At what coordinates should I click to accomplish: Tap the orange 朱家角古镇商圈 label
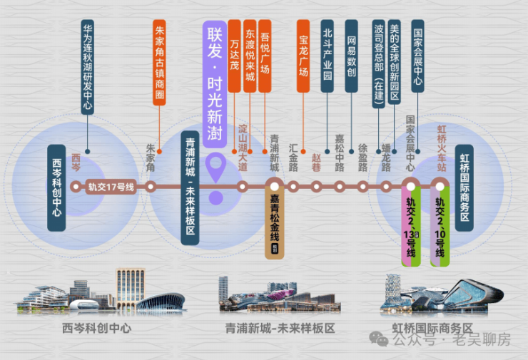click(159, 63)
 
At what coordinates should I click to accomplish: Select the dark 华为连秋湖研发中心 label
click(88, 68)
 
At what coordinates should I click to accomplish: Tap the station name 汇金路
click(293, 158)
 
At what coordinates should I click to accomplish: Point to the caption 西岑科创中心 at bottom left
click(96, 329)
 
